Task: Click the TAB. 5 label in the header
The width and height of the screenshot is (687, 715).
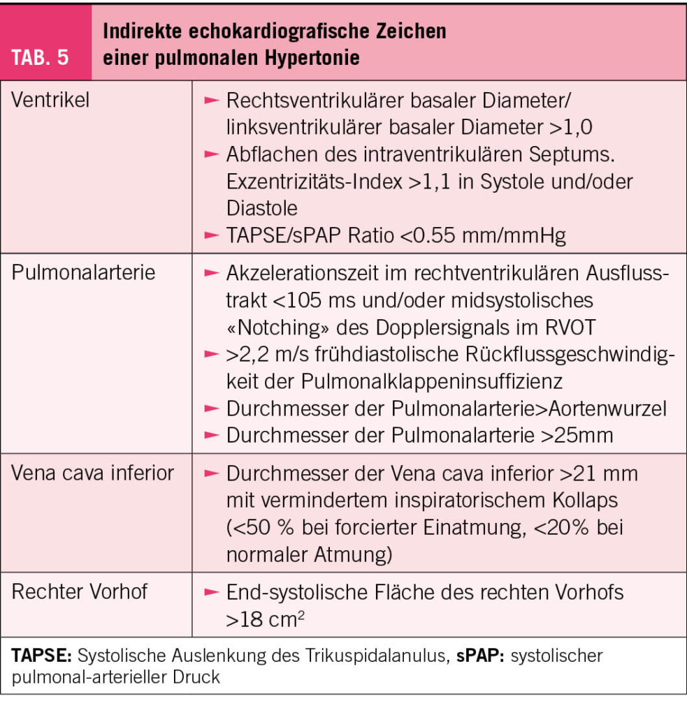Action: (x=43, y=57)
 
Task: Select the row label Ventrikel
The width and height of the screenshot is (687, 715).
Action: (x=51, y=100)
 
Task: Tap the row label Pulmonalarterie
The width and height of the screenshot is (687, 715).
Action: (x=82, y=272)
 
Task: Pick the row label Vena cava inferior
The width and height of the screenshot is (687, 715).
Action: (x=93, y=473)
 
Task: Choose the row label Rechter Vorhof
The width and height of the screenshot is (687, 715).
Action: (x=80, y=592)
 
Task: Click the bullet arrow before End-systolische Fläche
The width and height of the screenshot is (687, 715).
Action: (x=211, y=592)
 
